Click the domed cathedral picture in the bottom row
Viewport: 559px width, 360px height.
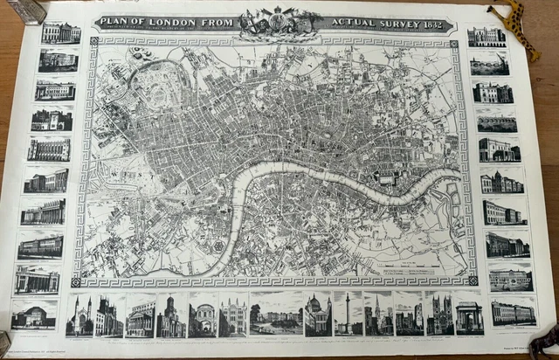[317, 315]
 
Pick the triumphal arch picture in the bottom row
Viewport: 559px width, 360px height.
[468, 314]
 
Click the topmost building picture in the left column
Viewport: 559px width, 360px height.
[60, 33]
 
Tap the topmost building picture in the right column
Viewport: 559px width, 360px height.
[486, 36]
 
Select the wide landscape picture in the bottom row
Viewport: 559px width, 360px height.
[275, 314]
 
